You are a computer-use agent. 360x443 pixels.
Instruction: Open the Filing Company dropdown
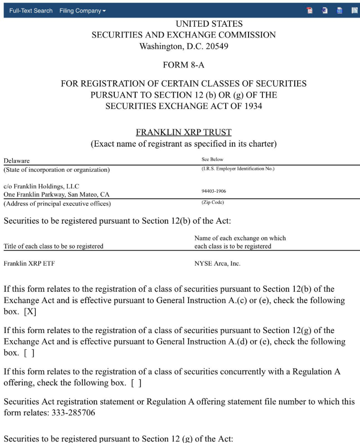pos(83,10)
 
